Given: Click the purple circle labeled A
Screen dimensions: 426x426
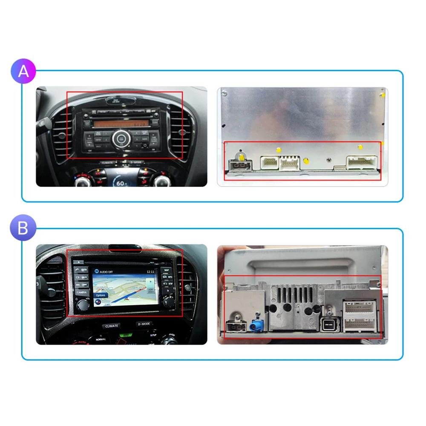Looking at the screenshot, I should click(23, 71).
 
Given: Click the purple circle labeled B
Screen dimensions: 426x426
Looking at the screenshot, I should click(23, 228).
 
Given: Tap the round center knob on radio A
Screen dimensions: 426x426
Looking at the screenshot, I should click(121, 138).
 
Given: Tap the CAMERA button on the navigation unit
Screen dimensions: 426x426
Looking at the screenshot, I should click(82, 293).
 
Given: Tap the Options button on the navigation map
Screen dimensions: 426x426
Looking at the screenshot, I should click(101, 295).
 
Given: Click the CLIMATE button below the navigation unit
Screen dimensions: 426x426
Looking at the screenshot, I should click(112, 326).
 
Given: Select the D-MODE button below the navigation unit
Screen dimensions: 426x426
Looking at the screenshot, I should click(144, 324).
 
